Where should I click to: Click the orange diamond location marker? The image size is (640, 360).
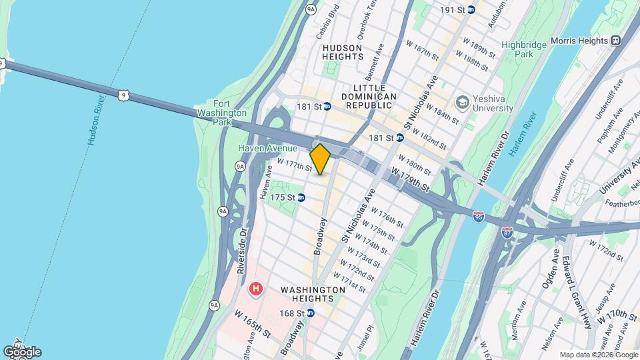tap(320, 159)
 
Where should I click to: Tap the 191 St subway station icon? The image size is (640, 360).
tap(471, 10)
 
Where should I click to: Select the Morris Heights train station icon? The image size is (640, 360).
tap(615, 40)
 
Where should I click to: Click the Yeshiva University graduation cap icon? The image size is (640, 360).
tap(461, 102)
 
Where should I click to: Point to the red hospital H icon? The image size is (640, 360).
tap(255, 289)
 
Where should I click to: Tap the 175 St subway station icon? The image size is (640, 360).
tap(301, 197)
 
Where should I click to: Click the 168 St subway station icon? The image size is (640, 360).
tap(310, 313)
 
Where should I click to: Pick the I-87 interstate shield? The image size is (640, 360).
tap(507, 233)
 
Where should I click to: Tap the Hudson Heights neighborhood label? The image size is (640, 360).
tap(342, 53)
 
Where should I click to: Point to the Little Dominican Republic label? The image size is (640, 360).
tap(375, 92)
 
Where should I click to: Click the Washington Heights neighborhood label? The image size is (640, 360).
tap(313, 295)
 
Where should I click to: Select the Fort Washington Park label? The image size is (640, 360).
tap(222, 113)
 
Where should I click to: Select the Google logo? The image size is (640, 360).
tap(21, 352)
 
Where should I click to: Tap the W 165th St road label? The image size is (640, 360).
tap(252, 322)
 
